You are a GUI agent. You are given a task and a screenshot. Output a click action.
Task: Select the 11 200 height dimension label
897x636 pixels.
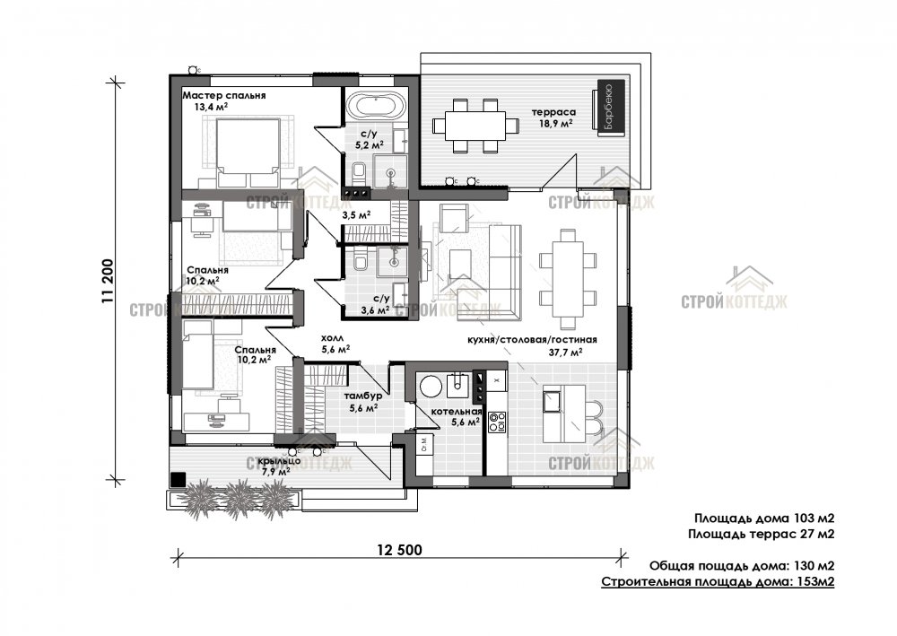click(108, 283)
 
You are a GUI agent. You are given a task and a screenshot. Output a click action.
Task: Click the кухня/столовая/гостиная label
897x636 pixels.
click(533, 341)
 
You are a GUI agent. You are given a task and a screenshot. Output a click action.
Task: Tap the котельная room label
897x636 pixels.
click(455, 413)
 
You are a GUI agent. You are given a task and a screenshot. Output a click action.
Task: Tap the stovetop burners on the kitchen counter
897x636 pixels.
click(496, 423)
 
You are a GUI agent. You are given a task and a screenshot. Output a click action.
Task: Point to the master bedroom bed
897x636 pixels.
click(243, 144)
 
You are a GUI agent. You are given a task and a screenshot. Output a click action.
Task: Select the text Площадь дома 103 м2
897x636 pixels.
click(764, 518)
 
